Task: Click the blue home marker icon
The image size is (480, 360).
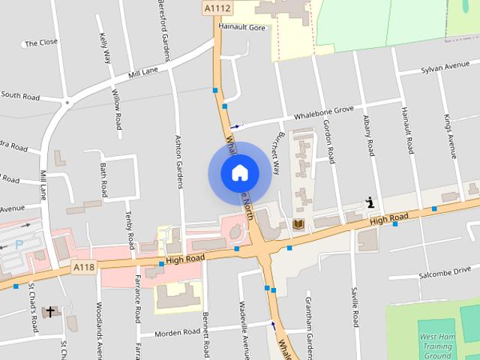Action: (239, 172)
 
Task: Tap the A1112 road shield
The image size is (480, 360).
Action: (218, 8)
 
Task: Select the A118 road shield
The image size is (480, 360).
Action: (83, 267)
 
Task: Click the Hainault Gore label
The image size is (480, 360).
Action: (242, 27)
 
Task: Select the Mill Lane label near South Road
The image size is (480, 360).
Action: (144, 73)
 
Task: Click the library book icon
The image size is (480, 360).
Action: (297, 225)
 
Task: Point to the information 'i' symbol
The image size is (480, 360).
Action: (370, 202)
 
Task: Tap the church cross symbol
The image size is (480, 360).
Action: (50, 310)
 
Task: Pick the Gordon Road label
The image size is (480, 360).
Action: (328, 140)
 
